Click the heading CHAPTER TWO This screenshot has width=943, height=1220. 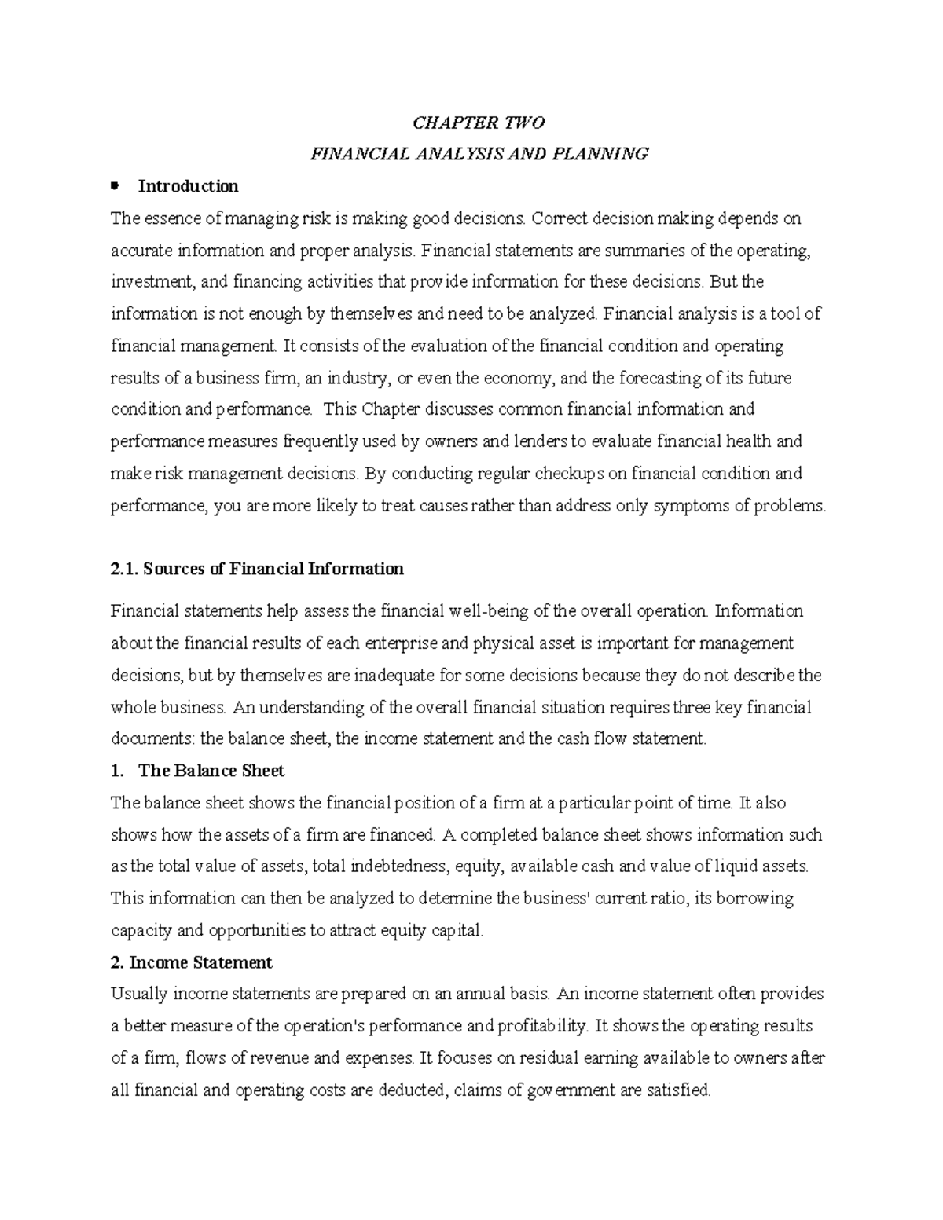(x=479, y=123)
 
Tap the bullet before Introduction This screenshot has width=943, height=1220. (x=115, y=186)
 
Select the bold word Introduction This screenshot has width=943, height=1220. (x=188, y=186)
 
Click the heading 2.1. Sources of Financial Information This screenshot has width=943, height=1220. (x=257, y=569)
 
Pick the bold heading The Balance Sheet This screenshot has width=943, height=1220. (x=211, y=771)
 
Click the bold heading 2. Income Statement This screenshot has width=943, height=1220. (x=192, y=962)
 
